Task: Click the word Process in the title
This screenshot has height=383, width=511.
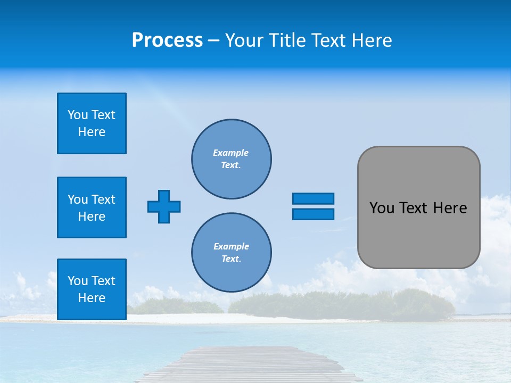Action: tap(167, 40)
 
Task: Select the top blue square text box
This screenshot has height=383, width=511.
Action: tap(92, 123)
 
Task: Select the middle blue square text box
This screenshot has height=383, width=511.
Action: tap(92, 207)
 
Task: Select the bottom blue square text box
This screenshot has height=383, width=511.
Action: tap(92, 289)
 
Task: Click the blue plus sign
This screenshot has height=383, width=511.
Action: tap(164, 206)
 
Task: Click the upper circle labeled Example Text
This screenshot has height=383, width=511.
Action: tap(232, 159)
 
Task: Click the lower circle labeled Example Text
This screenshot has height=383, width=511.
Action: tap(232, 253)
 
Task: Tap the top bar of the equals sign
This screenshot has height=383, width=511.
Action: tap(313, 198)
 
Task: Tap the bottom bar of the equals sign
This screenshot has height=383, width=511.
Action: tap(313, 214)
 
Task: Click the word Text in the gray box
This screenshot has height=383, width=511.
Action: tap(413, 208)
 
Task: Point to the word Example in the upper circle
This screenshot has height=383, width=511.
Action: tap(231, 153)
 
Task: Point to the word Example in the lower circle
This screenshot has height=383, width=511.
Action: tap(231, 246)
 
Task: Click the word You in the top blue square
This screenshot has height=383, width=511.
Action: tap(77, 115)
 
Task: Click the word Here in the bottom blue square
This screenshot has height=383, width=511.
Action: tap(92, 298)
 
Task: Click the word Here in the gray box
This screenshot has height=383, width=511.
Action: tap(450, 208)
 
